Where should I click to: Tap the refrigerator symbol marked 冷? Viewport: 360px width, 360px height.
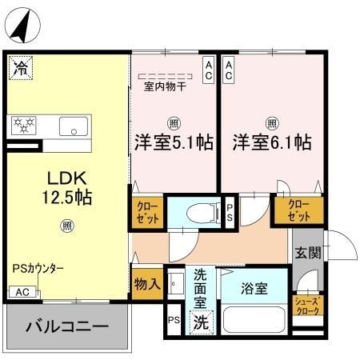19,67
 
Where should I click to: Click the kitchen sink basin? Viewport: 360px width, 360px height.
74,126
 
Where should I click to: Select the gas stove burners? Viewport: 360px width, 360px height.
25,125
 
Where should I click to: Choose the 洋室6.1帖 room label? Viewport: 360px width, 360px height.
272,142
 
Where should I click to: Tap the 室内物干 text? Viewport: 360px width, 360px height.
165,86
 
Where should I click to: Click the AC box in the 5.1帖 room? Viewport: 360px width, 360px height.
208,69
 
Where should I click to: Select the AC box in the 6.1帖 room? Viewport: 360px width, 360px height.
229,69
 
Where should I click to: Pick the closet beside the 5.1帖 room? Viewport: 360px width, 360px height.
146,212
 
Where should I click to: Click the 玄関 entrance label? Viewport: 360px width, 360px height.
308,254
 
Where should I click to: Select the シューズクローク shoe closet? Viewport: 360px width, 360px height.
307,306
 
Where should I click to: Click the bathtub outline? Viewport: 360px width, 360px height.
254,319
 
